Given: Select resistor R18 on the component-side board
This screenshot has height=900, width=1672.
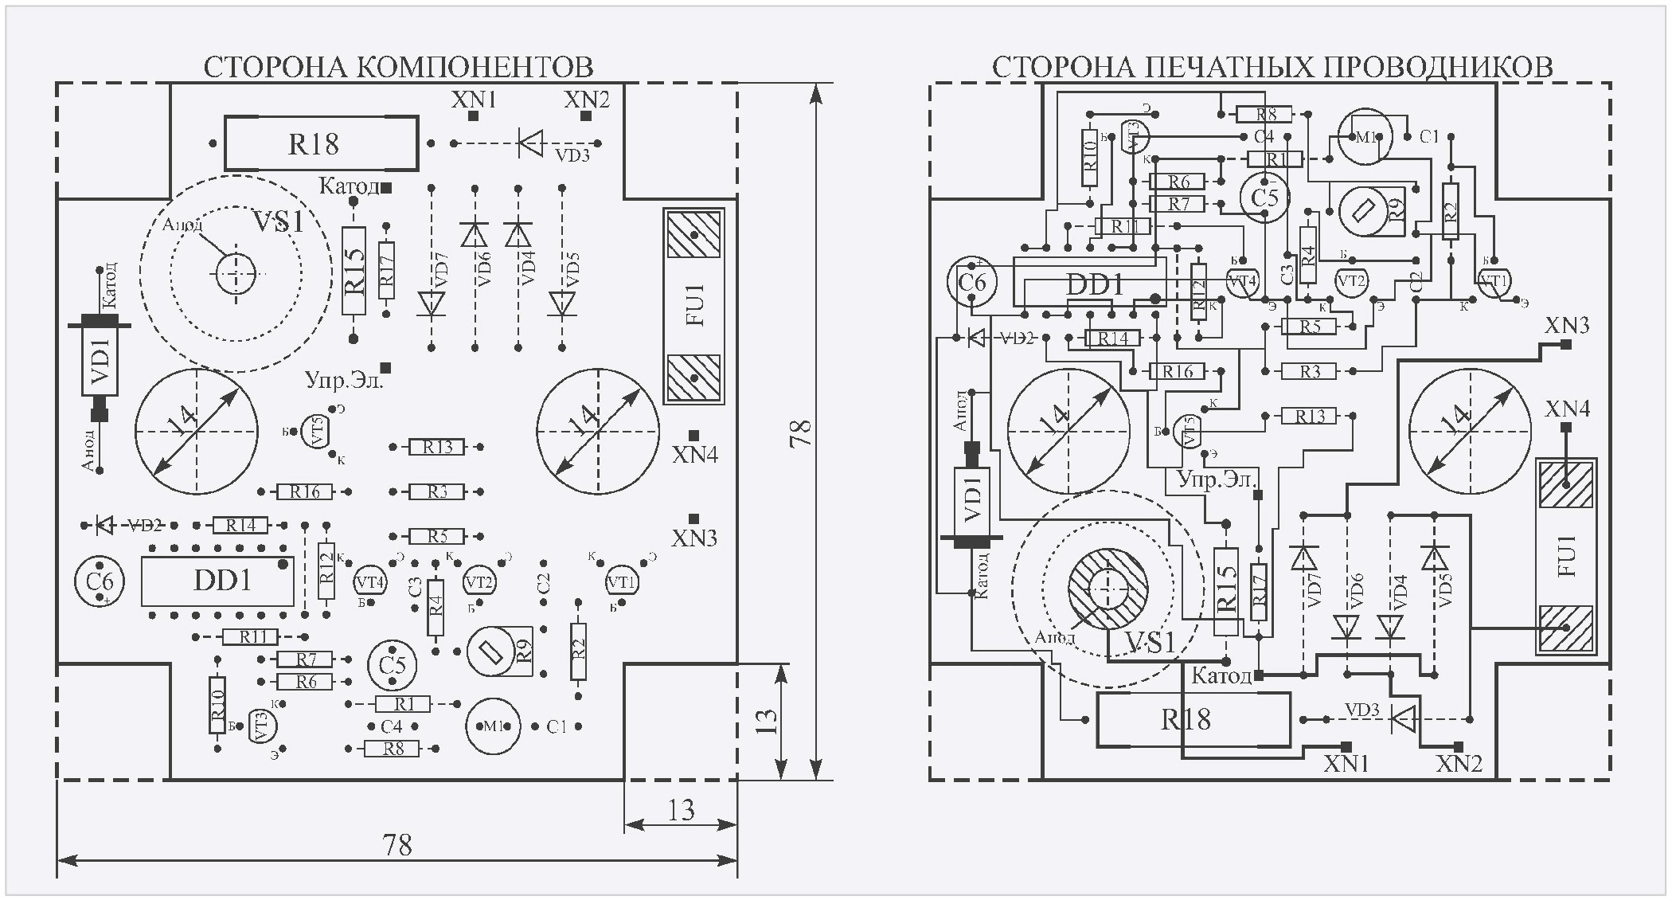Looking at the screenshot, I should [320, 144].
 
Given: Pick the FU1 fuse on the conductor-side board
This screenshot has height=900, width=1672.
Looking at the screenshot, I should [1565, 556].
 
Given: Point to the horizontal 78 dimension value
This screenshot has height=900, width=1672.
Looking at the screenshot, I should [397, 844].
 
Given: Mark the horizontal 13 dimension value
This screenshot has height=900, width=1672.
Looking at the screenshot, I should [681, 811].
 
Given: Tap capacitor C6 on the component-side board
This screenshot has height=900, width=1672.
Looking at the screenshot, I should [100, 581].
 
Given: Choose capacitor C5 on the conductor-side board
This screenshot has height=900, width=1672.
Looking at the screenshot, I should [1264, 197].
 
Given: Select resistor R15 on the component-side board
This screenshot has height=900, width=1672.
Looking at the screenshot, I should [354, 271].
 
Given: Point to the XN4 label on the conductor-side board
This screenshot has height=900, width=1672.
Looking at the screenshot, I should [1567, 409].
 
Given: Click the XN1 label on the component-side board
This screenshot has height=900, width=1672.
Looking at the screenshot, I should [474, 100].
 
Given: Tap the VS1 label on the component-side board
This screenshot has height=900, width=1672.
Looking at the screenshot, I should [278, 222].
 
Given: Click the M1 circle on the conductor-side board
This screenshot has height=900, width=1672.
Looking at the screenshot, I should [1364, 137].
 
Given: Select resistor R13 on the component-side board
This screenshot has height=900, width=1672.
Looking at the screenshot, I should [436, 448].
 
